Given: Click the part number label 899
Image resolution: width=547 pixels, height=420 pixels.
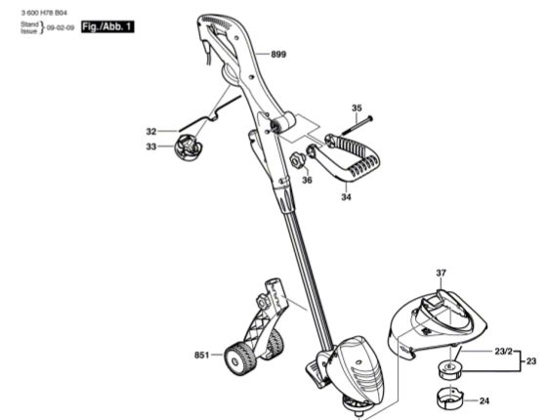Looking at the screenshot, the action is [x=278, y=54].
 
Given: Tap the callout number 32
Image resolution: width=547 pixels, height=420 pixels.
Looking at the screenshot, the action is [x=151, y=132].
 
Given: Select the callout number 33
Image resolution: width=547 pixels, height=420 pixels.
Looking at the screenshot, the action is [x=151, y=147].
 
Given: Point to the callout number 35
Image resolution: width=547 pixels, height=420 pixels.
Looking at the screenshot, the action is [x=357, y=108].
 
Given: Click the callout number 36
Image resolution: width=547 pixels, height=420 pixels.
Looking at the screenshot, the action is [x=307, y=180].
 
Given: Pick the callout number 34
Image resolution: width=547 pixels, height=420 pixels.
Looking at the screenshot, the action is [x=346, y=197].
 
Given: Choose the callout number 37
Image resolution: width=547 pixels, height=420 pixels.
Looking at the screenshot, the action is [x=441, y=273].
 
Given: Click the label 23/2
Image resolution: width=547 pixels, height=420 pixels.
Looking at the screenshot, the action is [x=504, y=352].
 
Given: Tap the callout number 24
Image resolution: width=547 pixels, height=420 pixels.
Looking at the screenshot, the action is [x=484, y=401].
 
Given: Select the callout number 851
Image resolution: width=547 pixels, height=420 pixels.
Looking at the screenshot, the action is [x=201, y=356].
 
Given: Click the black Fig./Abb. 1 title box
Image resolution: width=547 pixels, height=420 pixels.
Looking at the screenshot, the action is [x=107, y=27].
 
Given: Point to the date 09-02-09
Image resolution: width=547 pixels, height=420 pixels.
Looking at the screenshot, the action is [x=61, y=27].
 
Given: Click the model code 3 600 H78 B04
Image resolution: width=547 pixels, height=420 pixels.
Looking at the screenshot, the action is [x=44, y=13].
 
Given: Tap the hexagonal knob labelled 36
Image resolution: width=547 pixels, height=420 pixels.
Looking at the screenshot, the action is [x=298, y=161].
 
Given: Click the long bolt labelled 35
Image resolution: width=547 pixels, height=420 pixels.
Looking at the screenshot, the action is [x=358, y=126].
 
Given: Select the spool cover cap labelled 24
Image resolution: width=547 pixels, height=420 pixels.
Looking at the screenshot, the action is [x=450, y=398].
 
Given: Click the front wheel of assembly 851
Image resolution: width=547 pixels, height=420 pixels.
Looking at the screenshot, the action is [x=238, y=358].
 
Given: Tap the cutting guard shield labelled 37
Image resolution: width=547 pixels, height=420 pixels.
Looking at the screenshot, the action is [x=436, y=324].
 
